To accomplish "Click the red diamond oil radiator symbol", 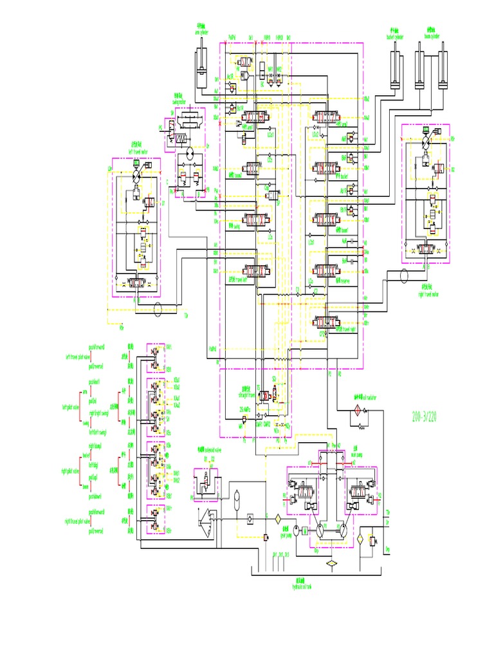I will pos(354,411).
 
